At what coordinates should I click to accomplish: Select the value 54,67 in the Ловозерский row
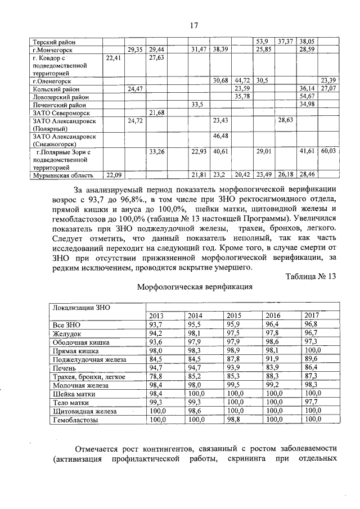pyautogui.click(x=307, y=97)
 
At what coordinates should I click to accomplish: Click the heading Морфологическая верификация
pyautogui.click(x=195, y=287)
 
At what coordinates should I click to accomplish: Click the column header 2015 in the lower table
pyautogui.click(x=233, y=316)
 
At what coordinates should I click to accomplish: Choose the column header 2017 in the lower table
pyautogui.click(x=310, y=316)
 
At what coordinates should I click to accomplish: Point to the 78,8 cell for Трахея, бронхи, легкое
pyautogui.click(x=156, y=376)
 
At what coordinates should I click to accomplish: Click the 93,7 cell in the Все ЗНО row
pyautogui.click(x=155, y=325)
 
